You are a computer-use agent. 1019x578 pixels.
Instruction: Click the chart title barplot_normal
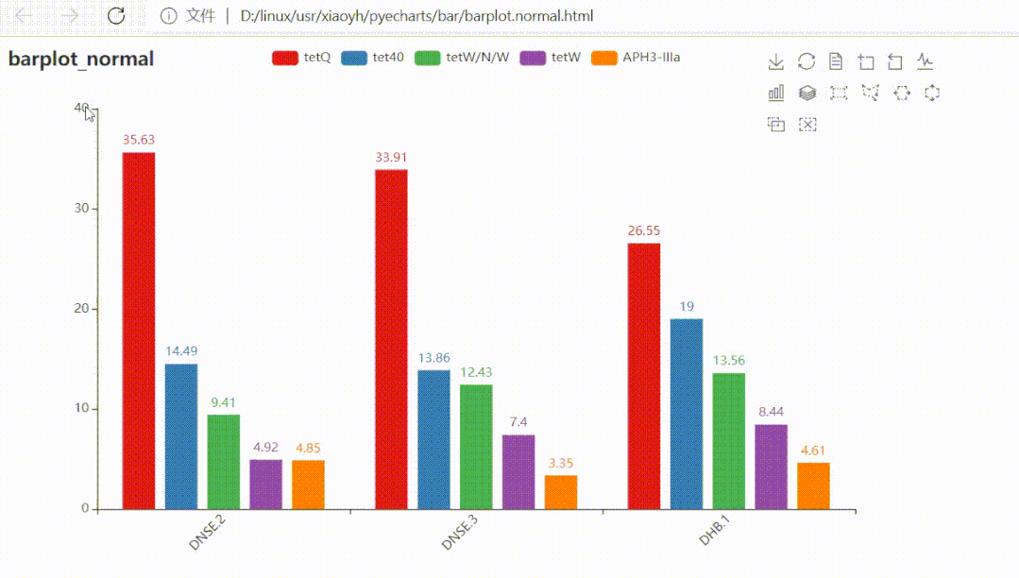coord(81,59)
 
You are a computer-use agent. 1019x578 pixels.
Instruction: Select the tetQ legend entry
coord(301,58)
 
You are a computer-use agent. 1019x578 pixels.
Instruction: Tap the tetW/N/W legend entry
coord(462,58)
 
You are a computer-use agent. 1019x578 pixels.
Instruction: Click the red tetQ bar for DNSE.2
coord(139,331)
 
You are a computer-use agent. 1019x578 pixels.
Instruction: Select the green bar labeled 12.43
coord(477,446)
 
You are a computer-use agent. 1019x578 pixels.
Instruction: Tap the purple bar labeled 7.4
coord(518,471)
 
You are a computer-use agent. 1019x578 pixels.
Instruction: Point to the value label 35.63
coord(139,140)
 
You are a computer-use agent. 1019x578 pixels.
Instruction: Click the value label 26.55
coord(644,230)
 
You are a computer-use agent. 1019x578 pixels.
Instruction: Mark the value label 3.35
coord(561,463)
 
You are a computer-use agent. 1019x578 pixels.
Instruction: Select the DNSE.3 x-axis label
coord(459,535)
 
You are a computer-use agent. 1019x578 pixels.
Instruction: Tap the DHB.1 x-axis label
coord(714,532)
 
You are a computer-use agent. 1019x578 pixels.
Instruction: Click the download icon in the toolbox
coord(776,62)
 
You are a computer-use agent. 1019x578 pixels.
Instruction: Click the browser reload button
coord(116,15)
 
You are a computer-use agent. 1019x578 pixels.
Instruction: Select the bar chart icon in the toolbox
coord(776,93)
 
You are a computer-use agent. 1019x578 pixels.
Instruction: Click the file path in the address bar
coord(416,16)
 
